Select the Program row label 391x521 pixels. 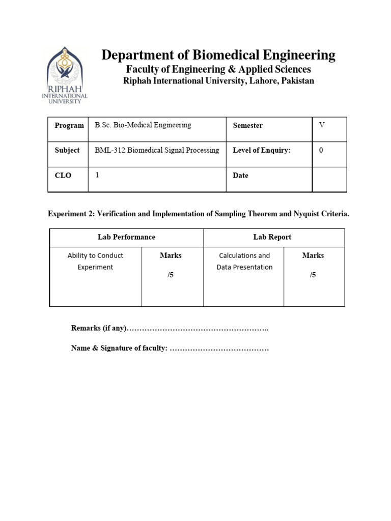click(69, 125)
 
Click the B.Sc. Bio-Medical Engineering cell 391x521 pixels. click(143, 125)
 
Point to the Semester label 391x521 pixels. click(247, 125)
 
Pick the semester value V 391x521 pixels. click(321, 125)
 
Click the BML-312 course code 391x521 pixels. click(108, 150)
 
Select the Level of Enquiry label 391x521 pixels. click(261, 150)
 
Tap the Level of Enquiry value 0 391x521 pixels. click(321, 150)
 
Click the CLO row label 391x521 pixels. click(63, 176)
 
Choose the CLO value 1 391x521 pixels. click(97, 175)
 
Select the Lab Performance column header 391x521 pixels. click(126, 237)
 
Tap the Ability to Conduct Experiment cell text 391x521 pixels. click(95, 261)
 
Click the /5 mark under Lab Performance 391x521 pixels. click(171, 275)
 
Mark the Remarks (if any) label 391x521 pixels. click(98, 328)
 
